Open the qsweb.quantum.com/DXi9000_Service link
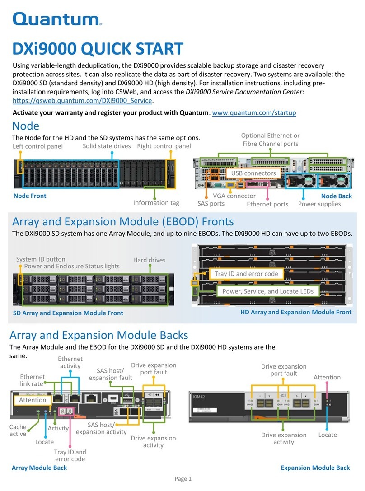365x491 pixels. pos(83,100)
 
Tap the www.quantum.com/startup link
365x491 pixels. pos(254,113)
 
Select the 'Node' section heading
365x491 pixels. pos(25,126)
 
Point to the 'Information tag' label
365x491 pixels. pos(156,203)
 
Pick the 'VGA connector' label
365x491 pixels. pos(234,196)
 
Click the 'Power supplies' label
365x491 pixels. pos(319,204)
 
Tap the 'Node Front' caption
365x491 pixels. pos(30,196)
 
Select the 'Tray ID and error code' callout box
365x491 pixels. pos(246,274)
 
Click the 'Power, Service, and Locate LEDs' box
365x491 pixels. pos(268,291)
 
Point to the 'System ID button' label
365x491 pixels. pos(41,259)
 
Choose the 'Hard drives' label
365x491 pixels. pos(149,260)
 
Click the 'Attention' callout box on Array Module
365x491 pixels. pos(33,400)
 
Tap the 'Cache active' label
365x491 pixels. pos(18,430)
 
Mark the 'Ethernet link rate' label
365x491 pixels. pos(33,380)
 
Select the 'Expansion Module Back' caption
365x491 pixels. pos(315,468)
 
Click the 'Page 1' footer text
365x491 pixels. pos(183,479)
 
